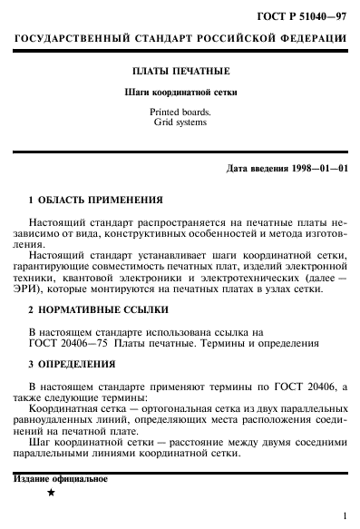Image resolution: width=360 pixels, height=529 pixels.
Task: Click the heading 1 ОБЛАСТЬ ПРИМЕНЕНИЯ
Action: pos(96,200)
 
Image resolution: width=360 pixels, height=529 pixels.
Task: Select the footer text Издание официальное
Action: pos(61,478)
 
